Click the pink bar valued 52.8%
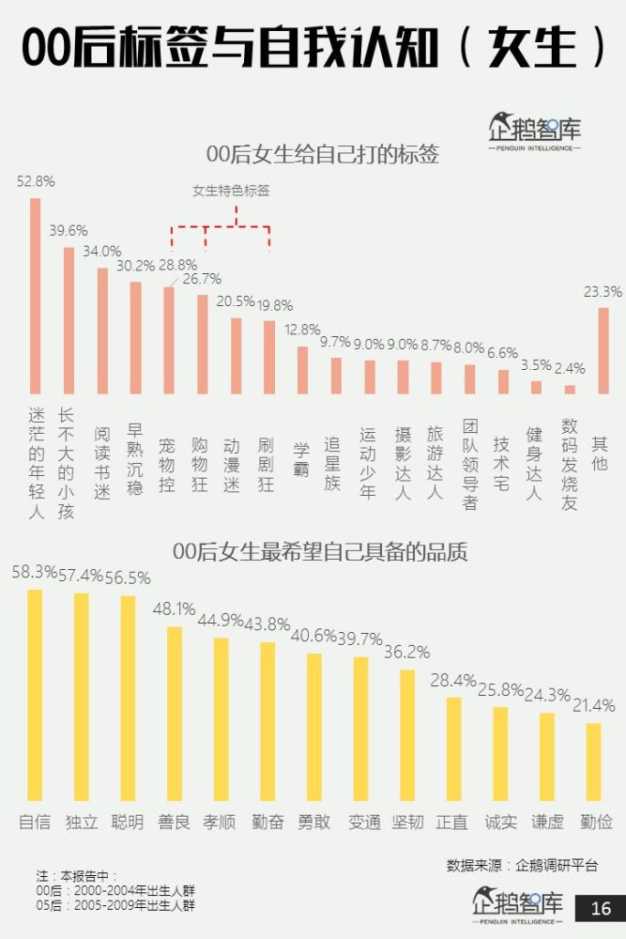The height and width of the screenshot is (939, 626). tap(36, 296)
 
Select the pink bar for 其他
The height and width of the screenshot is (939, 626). tap(603, 350)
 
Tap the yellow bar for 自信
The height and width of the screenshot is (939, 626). tap(36, 695)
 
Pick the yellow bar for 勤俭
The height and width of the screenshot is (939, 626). tap(593, 761)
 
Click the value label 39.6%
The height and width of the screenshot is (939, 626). tap(69, 230)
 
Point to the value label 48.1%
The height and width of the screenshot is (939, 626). tap(175, 608)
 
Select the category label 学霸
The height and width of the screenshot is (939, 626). tap(301, 457)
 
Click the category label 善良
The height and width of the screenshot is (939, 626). tap(175, 822)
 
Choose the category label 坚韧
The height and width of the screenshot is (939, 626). tap(407, 822)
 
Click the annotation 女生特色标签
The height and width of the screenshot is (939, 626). tap(231, 191)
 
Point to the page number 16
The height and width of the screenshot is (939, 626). tap(601, 908)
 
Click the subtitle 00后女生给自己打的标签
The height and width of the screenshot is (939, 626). tap(322, 154)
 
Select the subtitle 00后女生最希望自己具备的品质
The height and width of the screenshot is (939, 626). tap(320, 550)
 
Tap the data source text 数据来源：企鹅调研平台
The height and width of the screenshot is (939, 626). tap(522, 865)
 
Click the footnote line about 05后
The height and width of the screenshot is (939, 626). tap(115, 905)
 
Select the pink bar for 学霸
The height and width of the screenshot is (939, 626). tap(302, 370)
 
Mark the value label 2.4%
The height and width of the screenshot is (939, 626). tap(570, 368)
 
